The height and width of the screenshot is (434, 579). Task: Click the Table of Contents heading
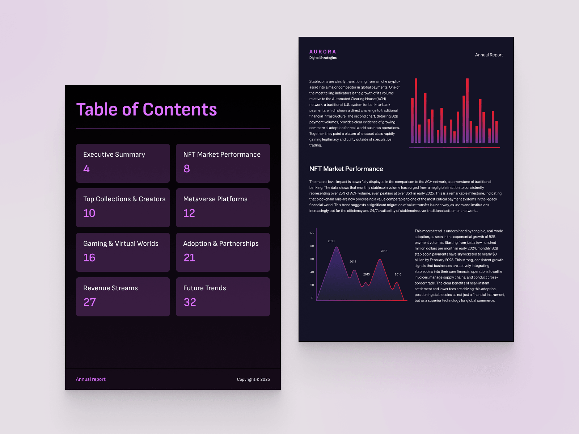pos(147,109)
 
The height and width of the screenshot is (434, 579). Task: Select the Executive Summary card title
pos(114,155)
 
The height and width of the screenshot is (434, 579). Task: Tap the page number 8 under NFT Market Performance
pos(187,169)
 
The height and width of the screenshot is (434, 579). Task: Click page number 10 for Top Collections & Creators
pos(89,213)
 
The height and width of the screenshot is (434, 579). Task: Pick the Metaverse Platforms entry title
pos(215,199)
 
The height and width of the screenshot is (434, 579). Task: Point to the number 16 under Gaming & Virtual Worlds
pos(89,258)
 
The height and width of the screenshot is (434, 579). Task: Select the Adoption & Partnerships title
pos(221,244)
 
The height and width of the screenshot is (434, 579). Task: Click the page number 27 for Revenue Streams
pos(90,302)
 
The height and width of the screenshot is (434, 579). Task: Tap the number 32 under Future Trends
pos(190,302)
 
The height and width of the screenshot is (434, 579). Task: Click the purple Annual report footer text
pos(91,379)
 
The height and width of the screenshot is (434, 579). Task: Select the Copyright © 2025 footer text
pos(253,379)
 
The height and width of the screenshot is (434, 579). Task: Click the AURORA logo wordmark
pos(323,52)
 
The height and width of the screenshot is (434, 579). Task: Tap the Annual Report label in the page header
pos(489,55)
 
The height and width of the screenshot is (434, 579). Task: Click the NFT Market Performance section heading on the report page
pos(346,169)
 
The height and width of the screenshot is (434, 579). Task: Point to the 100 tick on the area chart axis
pos(312,233)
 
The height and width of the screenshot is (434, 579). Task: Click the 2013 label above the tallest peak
pos(331,241)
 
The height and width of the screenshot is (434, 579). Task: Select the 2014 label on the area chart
pos(353,261)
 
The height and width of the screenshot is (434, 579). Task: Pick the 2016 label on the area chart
pos(398,274)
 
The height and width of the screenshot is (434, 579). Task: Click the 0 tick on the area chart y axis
pos(312,298)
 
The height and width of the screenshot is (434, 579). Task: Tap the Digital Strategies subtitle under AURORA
pos(323,58)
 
